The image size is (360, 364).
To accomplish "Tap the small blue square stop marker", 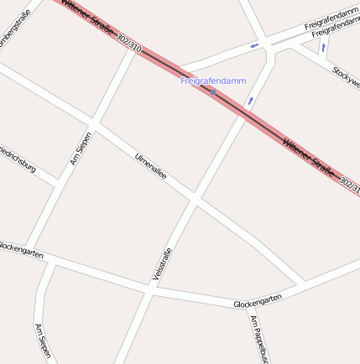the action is [x=215, y=92].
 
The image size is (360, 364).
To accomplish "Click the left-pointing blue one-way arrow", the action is [x=254, y=46].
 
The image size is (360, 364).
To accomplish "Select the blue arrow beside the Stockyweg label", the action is [x=324, y=49].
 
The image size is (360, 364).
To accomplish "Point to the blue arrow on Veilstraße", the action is [x=249, y=101].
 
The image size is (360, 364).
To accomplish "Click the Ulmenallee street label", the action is [x=151, y=166].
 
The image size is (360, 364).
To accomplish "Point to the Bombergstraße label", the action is [x=17, y=31].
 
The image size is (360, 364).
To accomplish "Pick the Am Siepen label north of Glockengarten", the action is [x=81, y=148].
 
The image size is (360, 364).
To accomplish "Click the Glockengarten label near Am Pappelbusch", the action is [x=258, y=299].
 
